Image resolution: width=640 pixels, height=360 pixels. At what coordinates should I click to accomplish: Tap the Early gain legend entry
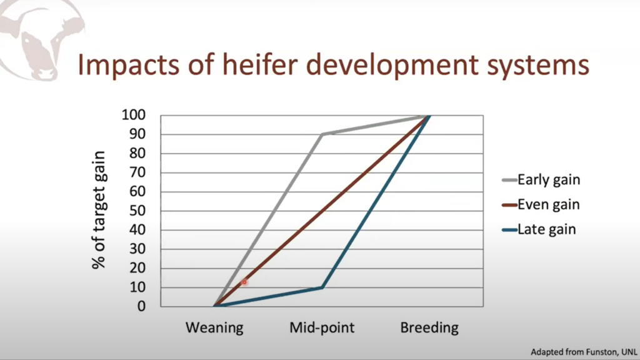[x=541, y=180]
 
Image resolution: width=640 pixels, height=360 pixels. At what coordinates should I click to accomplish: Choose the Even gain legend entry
[x=541, y=204]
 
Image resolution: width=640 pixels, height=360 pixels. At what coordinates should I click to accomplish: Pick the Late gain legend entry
[x=539, y=229]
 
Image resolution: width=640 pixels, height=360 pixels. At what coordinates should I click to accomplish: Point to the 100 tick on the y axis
[x=134, y=115]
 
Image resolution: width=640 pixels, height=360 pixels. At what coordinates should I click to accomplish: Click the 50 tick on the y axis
[x=137, y=211]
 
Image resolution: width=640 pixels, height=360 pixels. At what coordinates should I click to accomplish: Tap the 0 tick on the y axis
[x=141, y=306]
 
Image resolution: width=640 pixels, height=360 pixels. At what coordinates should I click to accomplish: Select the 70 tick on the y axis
[x=137, y=172]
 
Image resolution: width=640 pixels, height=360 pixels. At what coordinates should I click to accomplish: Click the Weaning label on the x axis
[x=214, y=327]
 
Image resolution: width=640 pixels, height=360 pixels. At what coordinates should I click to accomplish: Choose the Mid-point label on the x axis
[x=322, y=327]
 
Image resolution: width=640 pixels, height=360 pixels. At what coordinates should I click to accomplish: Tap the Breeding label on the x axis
[x=429, y=327]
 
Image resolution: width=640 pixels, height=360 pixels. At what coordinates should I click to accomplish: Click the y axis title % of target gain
[x=99, y=210]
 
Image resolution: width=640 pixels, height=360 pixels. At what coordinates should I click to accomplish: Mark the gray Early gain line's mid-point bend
[x=322, y=134]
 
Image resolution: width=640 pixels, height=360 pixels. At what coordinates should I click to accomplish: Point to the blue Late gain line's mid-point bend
[x=322, y=287]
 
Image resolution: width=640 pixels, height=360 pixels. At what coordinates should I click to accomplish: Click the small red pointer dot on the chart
[x=244, y=282]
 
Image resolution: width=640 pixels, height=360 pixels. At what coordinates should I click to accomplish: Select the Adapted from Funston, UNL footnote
[x=584, y=352]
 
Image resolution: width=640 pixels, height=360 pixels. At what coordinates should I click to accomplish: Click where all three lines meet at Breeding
[x=429, y=116]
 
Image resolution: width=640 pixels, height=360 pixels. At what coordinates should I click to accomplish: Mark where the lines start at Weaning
[x=215, y=306]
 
